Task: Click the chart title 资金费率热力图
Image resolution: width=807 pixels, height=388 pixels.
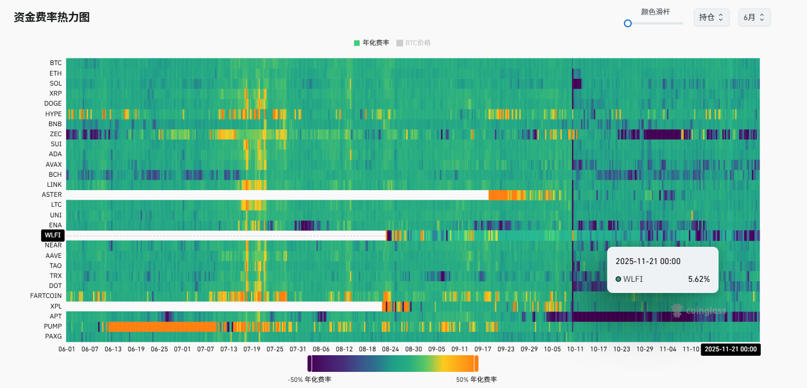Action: coord(52,17)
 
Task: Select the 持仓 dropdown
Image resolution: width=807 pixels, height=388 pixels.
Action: coord(711,17)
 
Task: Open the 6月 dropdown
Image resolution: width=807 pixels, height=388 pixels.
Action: coord(754,17)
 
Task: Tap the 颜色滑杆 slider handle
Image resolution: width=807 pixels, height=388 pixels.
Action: coord(628,23)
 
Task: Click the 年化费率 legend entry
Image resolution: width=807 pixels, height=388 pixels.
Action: coord(371,43)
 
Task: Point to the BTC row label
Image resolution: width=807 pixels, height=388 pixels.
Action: coord(56,63)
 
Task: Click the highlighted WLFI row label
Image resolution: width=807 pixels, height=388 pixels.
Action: coord(53,235)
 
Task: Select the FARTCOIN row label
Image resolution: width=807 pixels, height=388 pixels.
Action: coord(46,296)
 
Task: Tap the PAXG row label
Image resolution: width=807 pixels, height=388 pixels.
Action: coord(53,336)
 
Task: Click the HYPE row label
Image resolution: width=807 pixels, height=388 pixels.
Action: coord(53,114)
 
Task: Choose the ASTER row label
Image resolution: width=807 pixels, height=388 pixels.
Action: coord(52,195)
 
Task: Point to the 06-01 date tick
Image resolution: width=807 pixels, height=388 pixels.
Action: coord(66,349)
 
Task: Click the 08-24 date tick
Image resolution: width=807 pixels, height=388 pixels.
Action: coord(390,349)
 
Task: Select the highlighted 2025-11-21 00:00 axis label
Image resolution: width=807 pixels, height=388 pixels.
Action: coord(731,349)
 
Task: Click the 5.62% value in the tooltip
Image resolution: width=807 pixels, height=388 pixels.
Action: coord(698,279)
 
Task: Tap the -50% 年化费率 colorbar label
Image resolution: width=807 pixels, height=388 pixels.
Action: coord(309,380)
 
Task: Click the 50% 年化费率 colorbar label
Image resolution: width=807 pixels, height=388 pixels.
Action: coord(476,380)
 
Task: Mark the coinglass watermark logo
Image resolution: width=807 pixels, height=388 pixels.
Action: coord(698,311)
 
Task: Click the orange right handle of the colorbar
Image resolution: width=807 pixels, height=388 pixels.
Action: coord(476,364)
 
